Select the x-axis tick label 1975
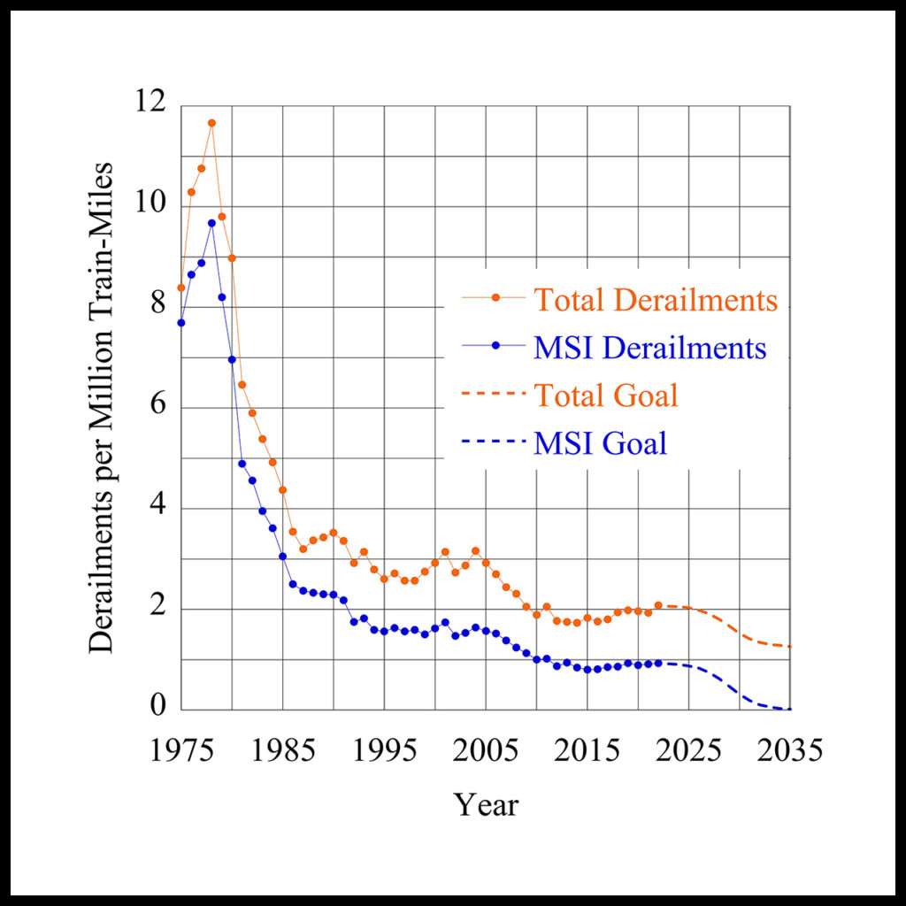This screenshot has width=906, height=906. [181, 752]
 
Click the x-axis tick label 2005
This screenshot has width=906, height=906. [486, 752]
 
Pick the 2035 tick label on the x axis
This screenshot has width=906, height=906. [789, 752]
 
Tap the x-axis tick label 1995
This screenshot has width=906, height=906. [384, 752]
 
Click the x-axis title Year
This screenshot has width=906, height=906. [486, 804]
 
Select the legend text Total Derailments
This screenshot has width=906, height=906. [656, 300]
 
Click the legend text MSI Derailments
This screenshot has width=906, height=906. [649, 348]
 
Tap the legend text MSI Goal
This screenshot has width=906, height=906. [600, 442]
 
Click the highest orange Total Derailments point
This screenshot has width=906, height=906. [211, 123]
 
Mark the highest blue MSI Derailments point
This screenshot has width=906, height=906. [211, 223]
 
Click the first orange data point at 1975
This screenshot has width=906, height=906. [181, 288]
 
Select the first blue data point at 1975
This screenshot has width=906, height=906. [181, 323]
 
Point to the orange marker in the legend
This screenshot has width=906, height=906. [496, 300]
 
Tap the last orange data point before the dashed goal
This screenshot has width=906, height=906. [658, 605]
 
